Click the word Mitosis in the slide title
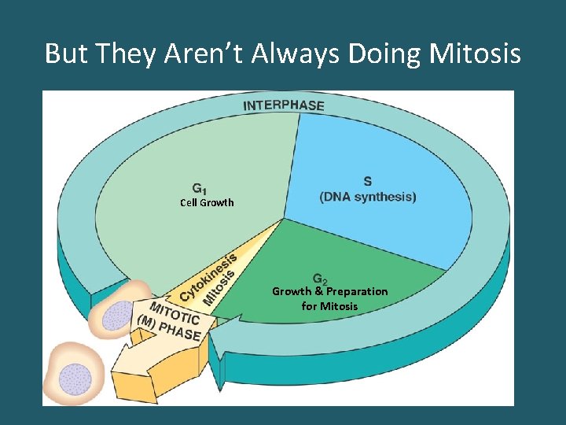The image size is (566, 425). click(476, 54)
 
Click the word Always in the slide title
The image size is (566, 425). click(297, 54)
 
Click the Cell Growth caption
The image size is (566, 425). click(207, 203)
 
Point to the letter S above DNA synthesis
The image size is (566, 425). click(368, 182)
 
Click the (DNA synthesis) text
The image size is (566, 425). click(368, 197)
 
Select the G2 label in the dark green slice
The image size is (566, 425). click(321, 279)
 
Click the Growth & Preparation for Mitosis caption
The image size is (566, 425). click(329, 298)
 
